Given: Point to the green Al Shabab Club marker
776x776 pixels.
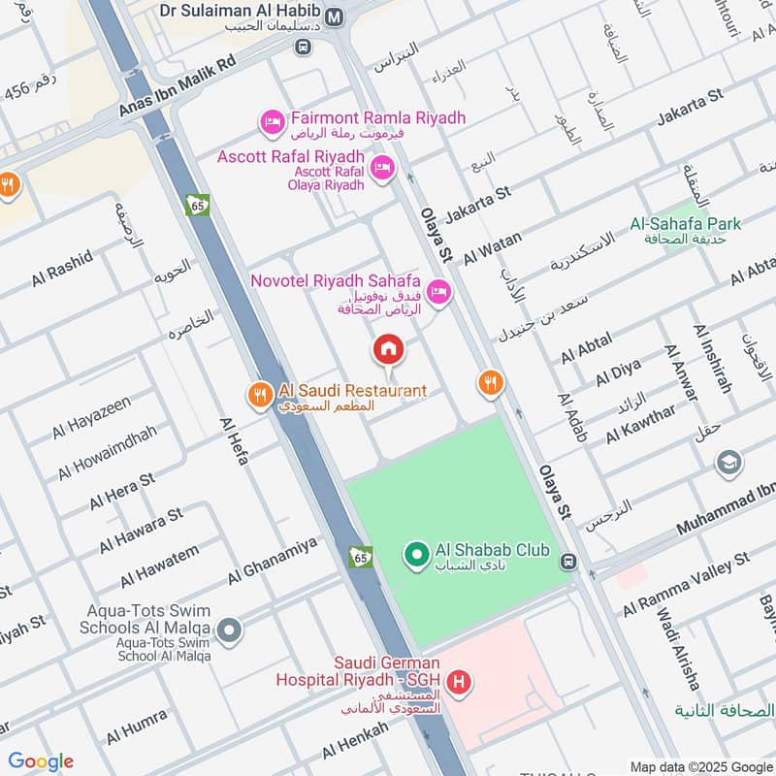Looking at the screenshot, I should pyautogui.click(x=416, y=555).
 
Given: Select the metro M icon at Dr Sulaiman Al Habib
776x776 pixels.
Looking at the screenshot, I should pyautogui.click(x=336, y=17).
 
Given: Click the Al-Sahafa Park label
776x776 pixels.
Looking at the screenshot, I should pyautogui.click(x=685, y=224).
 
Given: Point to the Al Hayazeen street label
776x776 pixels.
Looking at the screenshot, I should pyautogui.click(x=92, y=417).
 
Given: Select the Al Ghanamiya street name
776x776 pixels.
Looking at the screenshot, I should pyautogui.click(x=273, y=563).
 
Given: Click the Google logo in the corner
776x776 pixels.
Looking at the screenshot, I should pyautogui.click(x=41, y=761).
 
